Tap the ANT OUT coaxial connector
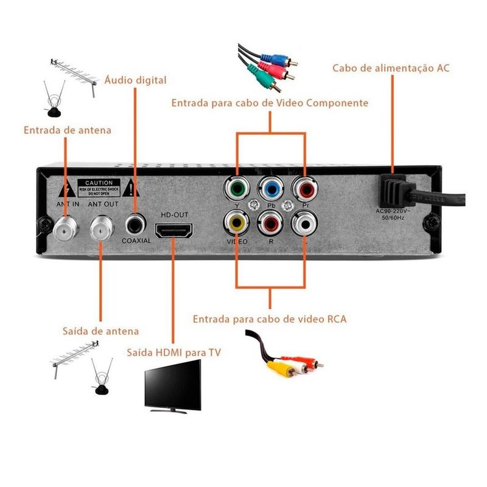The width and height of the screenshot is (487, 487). click(102, 228)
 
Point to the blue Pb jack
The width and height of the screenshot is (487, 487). click(269, 189)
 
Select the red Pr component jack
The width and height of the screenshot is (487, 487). click(303, 189)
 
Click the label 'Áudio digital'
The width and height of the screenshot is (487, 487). click(135, 80)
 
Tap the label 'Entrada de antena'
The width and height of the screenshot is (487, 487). click(68, 130)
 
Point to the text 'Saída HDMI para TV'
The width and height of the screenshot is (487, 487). click(174, 352)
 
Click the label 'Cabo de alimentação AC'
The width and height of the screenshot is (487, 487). click(391, 68)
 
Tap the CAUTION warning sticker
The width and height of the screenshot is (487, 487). click(99, 186)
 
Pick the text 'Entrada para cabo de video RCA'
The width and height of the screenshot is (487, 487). click(270, 318)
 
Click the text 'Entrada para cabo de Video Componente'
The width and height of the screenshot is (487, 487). click(270, 103)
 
